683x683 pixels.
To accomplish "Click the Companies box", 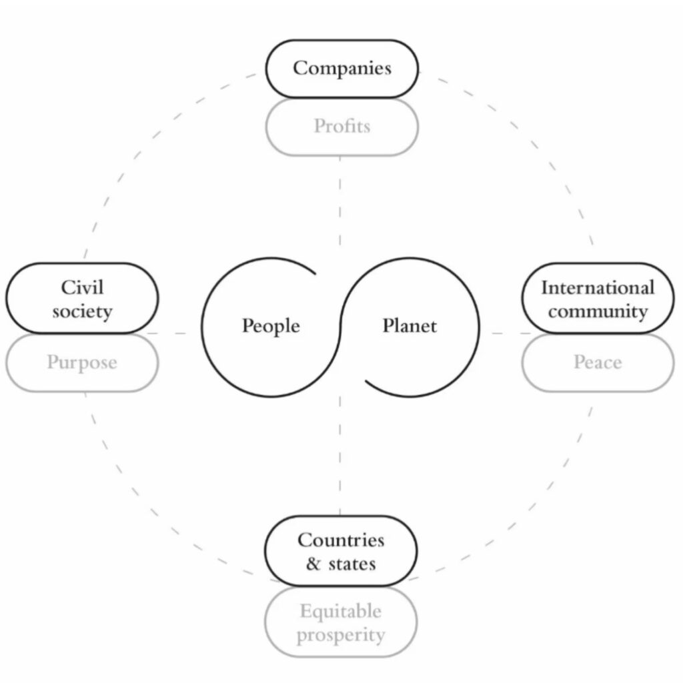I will [x=341, y=68].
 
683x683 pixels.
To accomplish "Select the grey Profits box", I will [x=341, y=126].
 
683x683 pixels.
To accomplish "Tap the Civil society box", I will [x=82, y=299].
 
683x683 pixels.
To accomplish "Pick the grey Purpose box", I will [x=82, y=363].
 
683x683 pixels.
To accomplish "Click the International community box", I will [x=598, y=299].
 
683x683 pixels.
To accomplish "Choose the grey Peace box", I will [x=598, y=363].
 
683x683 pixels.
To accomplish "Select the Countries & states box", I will [x=341, y=551].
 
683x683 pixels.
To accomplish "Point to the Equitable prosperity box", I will [x=341, y=623].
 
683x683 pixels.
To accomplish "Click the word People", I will [x=271, y=326].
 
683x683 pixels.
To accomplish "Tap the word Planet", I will [x=410, y=326].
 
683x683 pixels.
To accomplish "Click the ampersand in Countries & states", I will [x=313, y=564].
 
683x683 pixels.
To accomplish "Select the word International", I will [x=598, y=288].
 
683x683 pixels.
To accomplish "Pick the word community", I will [x=598, y=311].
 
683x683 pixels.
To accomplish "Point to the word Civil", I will [x=82, y=287].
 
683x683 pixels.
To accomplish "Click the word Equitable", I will [x=341, y=611].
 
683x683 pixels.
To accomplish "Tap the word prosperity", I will [x=341, y=635].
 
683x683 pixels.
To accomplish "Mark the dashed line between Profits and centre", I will [x=340, y=200].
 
